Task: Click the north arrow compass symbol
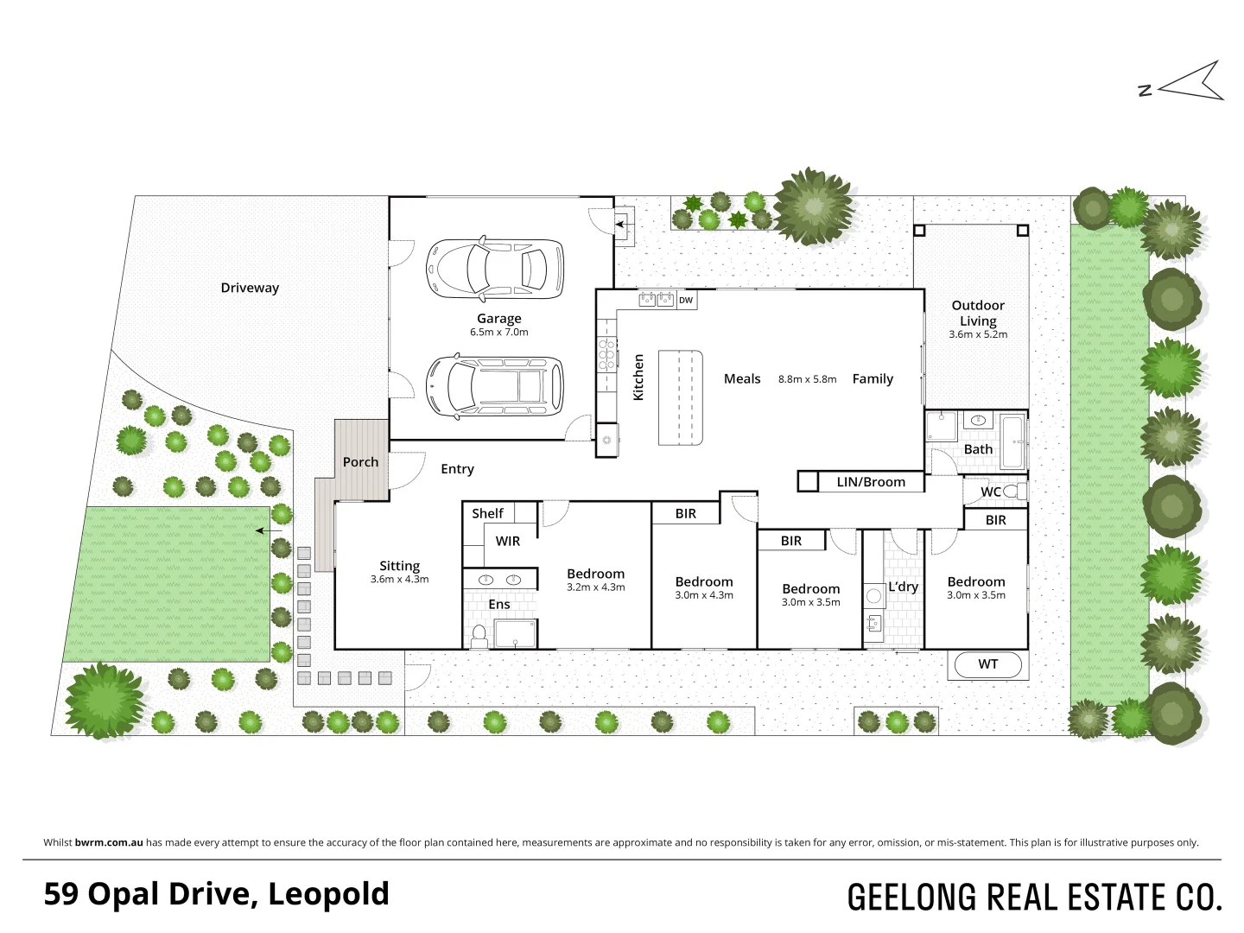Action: [x=1190, y=83]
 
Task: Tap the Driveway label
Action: [x=250, y=288]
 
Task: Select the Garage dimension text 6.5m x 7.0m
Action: [x=498, y=332]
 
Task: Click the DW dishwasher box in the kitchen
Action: [x=685, y=301]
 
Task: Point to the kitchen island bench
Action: [x=681, y=397]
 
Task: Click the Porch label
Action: [x=360, y=462]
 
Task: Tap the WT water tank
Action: [x=987, y=664]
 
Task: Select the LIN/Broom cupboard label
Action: [x=871, y=482]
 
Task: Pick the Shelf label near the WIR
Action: [x=487, y=513]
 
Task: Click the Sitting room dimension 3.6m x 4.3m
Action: [x=399, y=580]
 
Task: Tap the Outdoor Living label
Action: [x=978, y=313]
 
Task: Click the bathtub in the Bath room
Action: [x=1012, y=441]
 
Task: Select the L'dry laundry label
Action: [x=903, y=587]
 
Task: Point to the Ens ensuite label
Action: [x=499, y=604]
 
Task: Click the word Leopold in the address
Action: [x=328, y=893]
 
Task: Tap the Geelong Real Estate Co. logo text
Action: [x=1034, y=897]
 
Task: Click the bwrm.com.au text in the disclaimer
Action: [x=109, y=842]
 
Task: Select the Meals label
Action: [x=742, y=378]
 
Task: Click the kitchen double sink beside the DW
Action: [x=656, y=300]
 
